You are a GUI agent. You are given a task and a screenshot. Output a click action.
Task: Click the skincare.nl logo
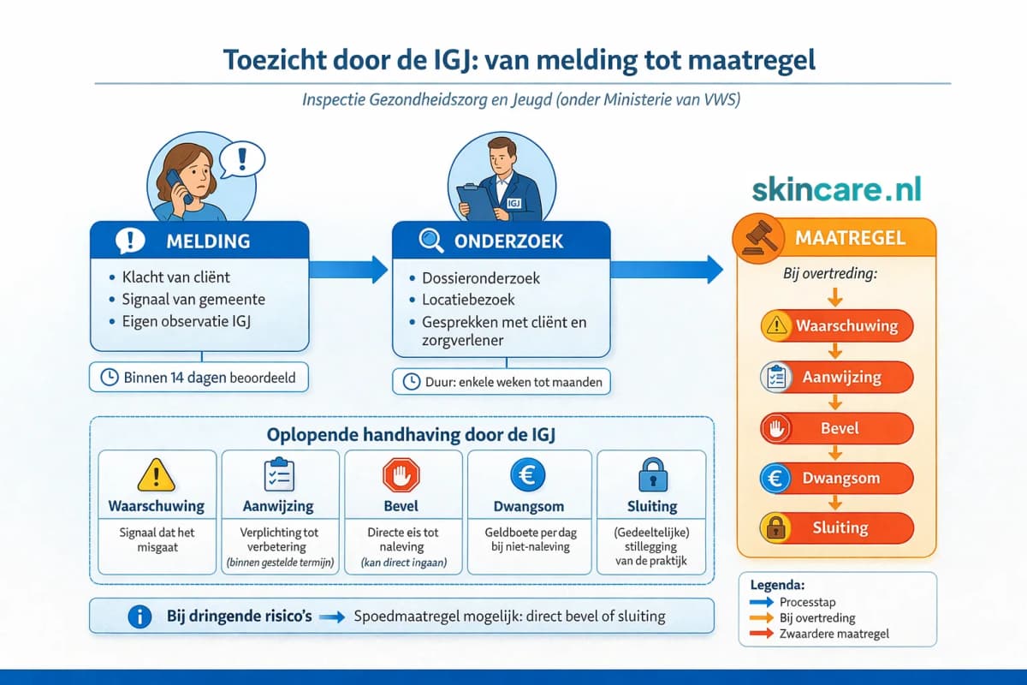pos(837,189)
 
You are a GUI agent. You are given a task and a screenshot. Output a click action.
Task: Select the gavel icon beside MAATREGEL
pos(755,238)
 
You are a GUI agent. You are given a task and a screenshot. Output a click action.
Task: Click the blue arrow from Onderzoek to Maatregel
pos(666,269)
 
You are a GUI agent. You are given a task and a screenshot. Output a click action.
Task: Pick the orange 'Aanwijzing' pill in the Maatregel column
pos(837,377)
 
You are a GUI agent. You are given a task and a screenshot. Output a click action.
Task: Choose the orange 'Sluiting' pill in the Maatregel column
pos(837,527)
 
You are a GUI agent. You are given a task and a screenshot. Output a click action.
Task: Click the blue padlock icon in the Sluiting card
pos(652,474)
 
